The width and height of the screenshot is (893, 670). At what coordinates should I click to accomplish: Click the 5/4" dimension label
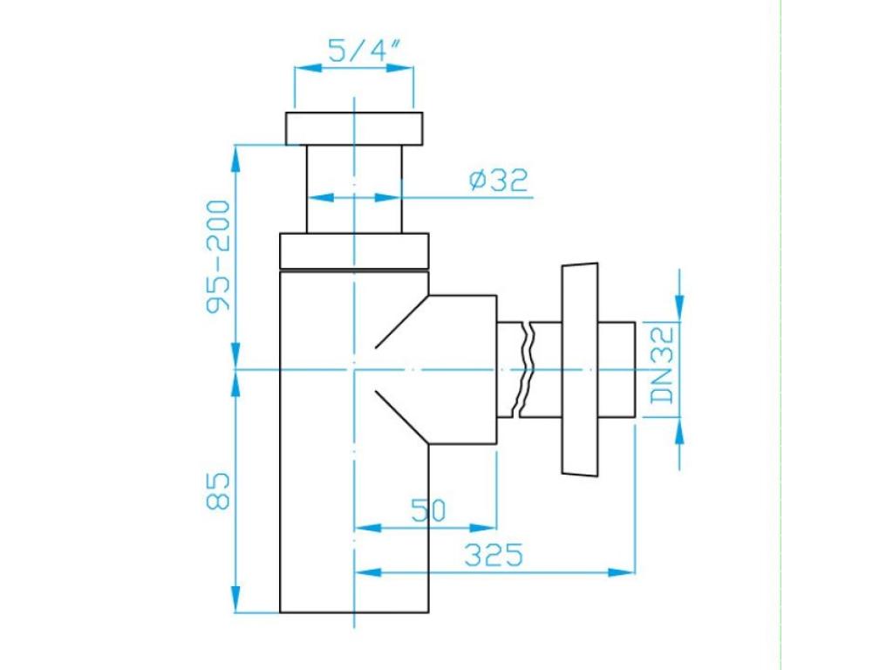point(362,51)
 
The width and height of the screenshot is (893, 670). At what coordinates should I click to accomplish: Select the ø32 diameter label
point(499,180)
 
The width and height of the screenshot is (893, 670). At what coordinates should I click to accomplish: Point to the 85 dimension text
point(218,490)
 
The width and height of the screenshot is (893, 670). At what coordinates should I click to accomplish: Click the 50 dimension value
point(428,510)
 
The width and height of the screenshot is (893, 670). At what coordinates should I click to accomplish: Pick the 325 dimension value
point(494,554)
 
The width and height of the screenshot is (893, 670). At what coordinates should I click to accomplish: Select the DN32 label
point(663,366)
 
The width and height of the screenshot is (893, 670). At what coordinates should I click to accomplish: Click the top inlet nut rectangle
point(354,128)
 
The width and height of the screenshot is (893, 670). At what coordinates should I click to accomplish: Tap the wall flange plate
point(580,369)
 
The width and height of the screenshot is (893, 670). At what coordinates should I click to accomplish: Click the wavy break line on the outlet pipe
point(524,369)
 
